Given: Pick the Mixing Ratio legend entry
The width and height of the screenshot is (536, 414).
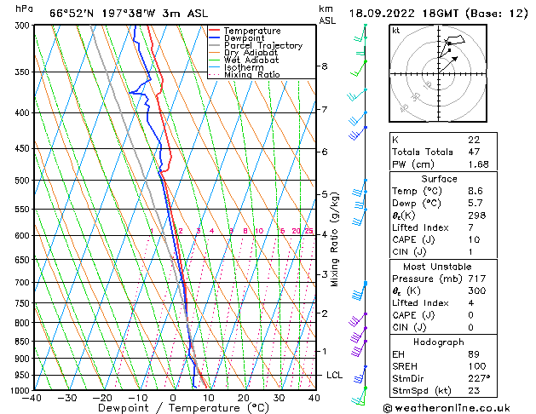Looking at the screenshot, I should tap(251, 75).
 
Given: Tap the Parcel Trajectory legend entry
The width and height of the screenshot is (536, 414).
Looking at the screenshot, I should tap(262, 46).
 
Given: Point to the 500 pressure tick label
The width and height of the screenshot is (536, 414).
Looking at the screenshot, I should tap(22, 181).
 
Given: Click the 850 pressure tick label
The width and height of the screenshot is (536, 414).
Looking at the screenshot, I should tap(22, 341).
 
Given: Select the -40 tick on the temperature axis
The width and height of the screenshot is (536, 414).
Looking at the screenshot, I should tap(33, 398).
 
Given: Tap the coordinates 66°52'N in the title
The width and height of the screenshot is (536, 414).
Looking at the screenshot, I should tap(70, 13).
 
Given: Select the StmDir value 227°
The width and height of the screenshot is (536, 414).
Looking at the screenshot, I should tap(477, 380).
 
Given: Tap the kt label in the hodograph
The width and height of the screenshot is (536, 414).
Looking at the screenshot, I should tap(395, 31).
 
